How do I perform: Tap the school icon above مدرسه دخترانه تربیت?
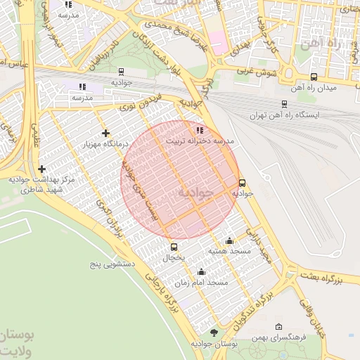click(x=200, y=130)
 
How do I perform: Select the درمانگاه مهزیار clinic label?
click(x=105, y=144)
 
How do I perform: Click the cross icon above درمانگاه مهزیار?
click(x=105, y=133)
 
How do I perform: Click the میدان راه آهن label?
click(x=313, y=88)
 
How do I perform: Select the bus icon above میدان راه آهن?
click(x=314, y=77)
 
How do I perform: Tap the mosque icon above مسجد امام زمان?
click(x=202, y=272)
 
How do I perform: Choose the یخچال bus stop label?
click(x=174, y=258)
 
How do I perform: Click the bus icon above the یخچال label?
click(x=174, y=247)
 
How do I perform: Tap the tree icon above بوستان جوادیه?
click(x=214, y=333)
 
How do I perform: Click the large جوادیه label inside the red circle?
click(x=195, y=193)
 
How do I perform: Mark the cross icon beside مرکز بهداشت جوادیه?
click(x=42, y=169)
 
